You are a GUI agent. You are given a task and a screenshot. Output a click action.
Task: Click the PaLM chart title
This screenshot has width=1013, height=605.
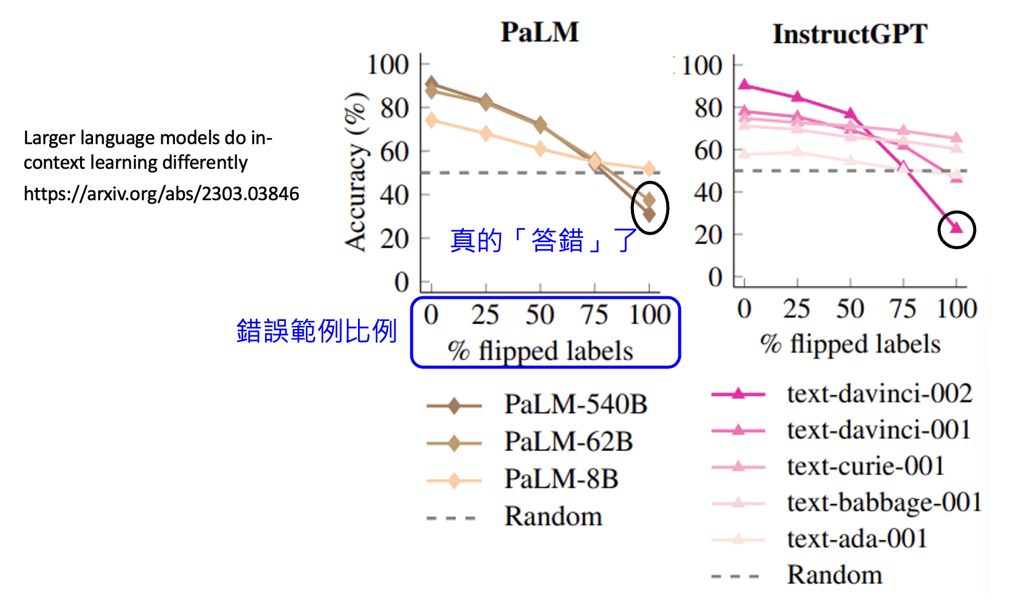pyautogui.click(x=540, y=32)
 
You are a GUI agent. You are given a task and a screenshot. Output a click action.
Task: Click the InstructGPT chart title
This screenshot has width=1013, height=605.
pyautogui.click(x=850, y=34)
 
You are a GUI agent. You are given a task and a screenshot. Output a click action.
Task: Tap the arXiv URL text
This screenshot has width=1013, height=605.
pyautogui.click(x=161, y=193)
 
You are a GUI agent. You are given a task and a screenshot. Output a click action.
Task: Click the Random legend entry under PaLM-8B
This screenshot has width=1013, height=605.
pyautogui.click(x=553, y=516)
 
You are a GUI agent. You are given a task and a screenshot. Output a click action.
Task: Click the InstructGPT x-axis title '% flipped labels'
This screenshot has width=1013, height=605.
pyautogui.click(x=850, y=344)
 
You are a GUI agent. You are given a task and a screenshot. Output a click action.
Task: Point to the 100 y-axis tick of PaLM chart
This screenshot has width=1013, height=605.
pyautogui.click(x=388, y=65)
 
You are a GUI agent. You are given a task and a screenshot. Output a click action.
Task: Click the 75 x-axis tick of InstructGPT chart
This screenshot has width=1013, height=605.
pyautogui.click(x=903, y=309)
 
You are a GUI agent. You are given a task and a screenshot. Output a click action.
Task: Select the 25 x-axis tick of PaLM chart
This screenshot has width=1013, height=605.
pyautogui.click(x=485, y=315)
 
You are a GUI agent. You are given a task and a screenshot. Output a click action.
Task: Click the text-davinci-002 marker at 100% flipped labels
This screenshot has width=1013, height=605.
pyautogui.click(x=956, y=228)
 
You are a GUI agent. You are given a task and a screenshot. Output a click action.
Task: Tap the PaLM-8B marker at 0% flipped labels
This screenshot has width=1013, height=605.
pyautogui.click(x=431, y=120)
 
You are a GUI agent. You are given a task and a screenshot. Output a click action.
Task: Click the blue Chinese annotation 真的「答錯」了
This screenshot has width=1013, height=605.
pyautogui.click(x=543, y=240)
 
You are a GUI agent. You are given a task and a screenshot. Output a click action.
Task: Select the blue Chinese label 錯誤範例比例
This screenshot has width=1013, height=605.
pyautogui.click(x=317, y=331)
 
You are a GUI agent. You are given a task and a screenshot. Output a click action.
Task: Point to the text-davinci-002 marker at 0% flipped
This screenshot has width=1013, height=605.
pyautogui.click(x=744, y=84)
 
